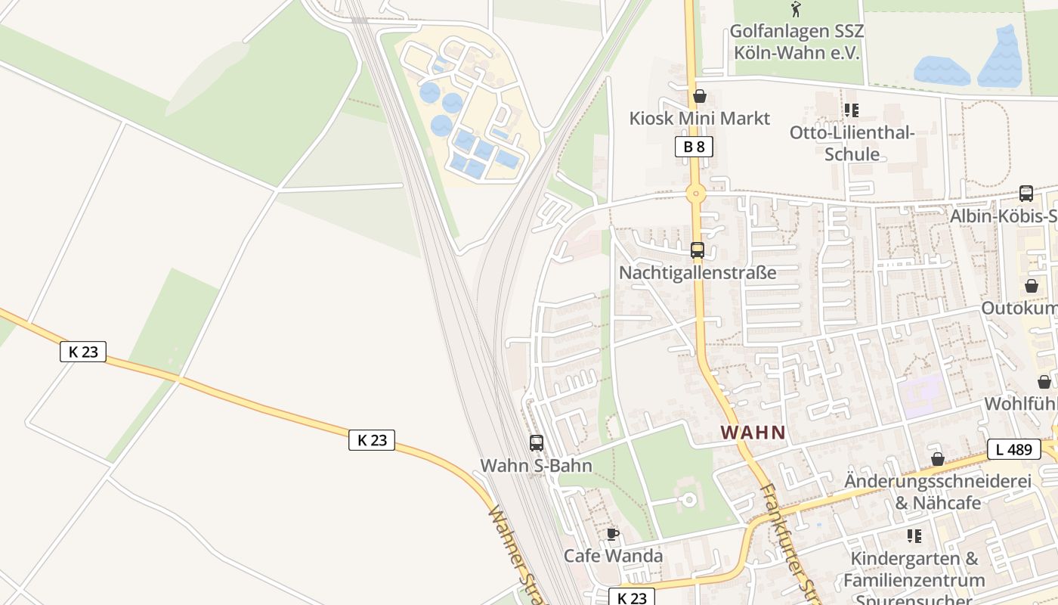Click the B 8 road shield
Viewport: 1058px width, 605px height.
click(x=694, y=147)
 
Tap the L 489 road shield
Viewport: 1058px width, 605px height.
click(x=1013, y=449)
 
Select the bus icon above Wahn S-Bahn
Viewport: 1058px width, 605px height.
click(x=536, y=443)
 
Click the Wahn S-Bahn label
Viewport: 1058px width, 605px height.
click(x=536, y=465)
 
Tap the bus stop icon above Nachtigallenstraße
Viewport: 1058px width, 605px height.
click(x=697, y=250)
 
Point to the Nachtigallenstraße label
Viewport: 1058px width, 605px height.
click(x=697, y=272)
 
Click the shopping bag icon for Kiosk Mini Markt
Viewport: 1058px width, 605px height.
click(x=699, y=97)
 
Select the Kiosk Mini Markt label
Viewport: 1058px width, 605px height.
click(x=699, y=118)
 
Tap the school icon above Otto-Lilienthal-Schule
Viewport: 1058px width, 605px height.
click(x=852, y=110)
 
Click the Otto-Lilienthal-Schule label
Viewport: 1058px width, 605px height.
click(x=852, y=144)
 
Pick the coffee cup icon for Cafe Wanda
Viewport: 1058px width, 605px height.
click(x=613, y=535)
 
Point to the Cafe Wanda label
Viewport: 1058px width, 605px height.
click(x=613, y=556)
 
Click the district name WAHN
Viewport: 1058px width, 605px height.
click(x=753, y=433)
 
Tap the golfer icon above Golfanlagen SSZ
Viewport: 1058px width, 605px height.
click(x=796, y=10)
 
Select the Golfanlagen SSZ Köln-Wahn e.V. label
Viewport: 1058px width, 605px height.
click(x=797, y=42)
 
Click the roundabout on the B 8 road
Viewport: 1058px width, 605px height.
click(x=695, y=194)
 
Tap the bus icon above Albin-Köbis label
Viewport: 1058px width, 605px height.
click(x=1026, y=194)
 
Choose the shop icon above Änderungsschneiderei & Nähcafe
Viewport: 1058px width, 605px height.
click(x=937, y=459)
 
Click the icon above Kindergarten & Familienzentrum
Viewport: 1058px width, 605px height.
click(x=914, y=536)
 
